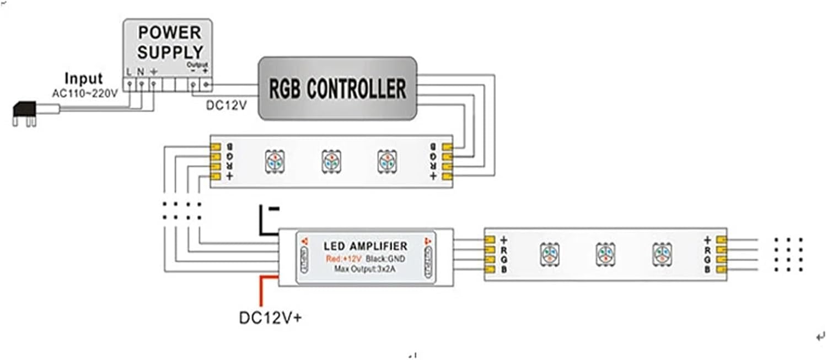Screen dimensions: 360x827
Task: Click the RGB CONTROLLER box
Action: [337, 88]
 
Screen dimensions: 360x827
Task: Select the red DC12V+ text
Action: [270, 319]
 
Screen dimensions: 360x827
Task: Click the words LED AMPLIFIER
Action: [365, 246]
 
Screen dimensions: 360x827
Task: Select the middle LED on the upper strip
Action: [330, 160]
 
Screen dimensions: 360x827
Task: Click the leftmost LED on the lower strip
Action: [549, 254]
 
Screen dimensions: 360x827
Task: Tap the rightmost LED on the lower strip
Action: [662, 254]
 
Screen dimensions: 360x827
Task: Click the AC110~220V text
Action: [84, 93]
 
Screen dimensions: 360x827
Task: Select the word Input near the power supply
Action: [83, 78]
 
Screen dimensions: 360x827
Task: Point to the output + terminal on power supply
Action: [207, 84]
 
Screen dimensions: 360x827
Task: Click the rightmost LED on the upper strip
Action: [386, 160]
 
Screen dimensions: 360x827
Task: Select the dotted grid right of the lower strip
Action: [788, 254]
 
